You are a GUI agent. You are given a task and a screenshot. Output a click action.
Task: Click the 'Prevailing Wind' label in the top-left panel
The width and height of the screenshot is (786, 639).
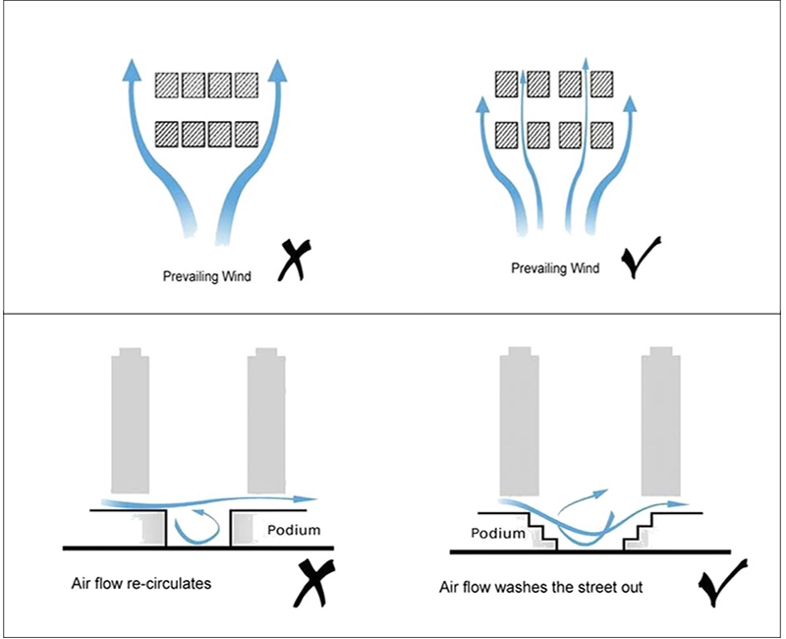(206, 277)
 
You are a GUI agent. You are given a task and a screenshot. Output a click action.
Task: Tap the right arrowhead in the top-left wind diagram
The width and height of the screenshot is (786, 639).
(279, 69)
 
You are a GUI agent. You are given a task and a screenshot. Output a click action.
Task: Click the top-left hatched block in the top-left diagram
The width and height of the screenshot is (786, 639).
(167, 84)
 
